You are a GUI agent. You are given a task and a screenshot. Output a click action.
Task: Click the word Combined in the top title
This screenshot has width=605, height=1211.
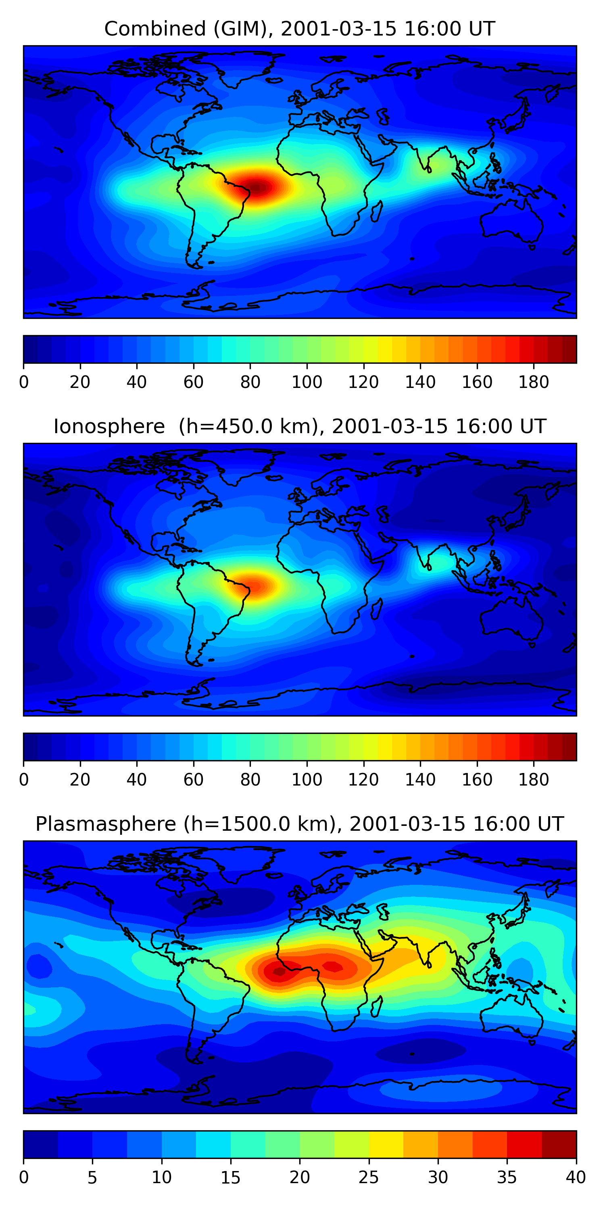tap(154, 29)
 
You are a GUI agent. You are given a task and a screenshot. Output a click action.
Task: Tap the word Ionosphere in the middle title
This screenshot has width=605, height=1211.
tap(109, 427)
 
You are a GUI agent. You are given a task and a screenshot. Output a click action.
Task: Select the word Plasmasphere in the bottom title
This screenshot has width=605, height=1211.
tap(105, 824)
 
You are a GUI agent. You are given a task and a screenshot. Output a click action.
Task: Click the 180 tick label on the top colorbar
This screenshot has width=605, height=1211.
tap(534, 382)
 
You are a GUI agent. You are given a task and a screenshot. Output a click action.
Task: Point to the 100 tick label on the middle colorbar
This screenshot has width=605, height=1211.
tap(307, 780)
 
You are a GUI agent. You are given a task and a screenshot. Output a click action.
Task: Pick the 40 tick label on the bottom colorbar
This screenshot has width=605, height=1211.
tap(576, 1177)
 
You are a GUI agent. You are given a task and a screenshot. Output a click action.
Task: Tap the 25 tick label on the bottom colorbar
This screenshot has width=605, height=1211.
tap(368, 1177)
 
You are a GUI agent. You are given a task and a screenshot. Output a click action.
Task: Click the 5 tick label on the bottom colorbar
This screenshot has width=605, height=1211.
tap(92, 1177)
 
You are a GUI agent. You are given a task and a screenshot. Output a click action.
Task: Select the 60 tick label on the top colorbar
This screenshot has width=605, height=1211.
tap(193, 382)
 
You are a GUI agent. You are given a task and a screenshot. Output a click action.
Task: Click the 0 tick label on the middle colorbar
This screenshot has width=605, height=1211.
tap(24, 780)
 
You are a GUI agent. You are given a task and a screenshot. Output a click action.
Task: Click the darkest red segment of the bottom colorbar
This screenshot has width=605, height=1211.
tap(559, 1144)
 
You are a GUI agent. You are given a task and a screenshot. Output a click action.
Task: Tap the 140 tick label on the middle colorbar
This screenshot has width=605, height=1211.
tap(420, 780)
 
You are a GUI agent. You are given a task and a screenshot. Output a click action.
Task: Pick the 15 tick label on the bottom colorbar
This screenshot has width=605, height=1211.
tap(230, 1177)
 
